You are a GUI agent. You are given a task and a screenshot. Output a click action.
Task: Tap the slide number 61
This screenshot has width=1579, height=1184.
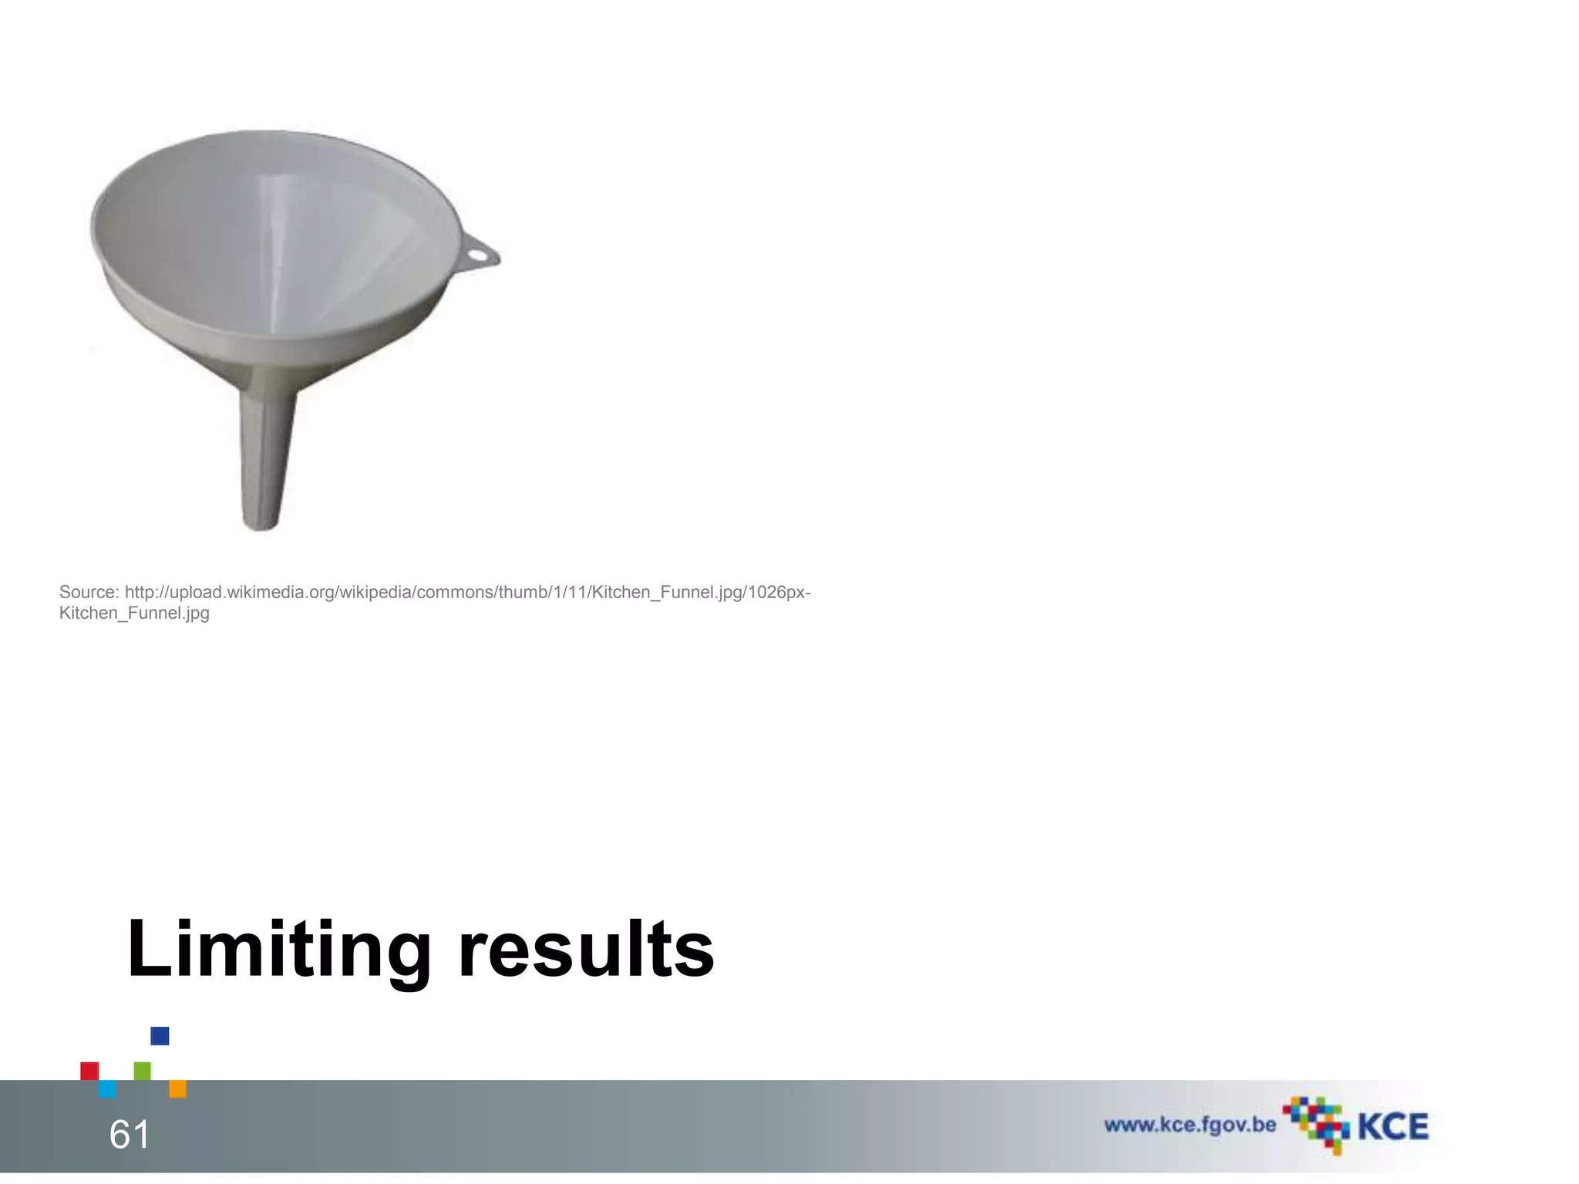[130, 1134]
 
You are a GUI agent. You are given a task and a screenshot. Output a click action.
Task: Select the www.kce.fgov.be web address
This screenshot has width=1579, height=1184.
[1190, 1125]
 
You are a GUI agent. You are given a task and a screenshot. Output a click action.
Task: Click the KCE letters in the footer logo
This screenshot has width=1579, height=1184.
[1392, 1127]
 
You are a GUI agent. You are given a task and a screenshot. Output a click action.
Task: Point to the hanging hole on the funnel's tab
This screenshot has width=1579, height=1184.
[478, 251]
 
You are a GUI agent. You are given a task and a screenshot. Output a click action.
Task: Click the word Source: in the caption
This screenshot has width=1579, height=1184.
[89, 592]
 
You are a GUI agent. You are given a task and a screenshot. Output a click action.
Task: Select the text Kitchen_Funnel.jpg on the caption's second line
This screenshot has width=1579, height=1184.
[134, 614]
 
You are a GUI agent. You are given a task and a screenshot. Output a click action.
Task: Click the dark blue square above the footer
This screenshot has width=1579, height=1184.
[160, 1036]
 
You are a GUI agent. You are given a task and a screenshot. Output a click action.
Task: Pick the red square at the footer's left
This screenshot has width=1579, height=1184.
[89, 1071]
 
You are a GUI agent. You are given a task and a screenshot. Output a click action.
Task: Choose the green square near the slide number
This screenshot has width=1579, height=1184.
[143, 1071]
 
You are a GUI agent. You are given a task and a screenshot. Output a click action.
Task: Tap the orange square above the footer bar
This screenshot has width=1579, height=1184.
[177, 1088]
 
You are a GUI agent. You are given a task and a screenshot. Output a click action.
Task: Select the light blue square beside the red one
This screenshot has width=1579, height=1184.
[107, 1088]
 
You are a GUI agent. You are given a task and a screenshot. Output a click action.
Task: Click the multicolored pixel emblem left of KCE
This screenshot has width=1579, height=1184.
[1315, 1124]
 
